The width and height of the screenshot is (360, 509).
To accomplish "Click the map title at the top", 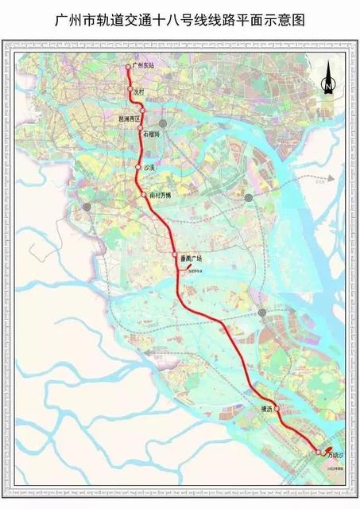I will pyautogui.click(x=180, y=17).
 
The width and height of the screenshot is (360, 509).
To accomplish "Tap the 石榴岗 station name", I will pyautogui.click(x=151, y=134).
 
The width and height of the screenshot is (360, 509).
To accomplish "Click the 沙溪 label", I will pyautogui.click(x=148, y=168).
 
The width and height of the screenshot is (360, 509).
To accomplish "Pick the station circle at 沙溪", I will pyautogui.click(x=137, y=167).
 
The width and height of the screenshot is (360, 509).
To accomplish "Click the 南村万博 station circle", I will pyautogui.click(x=144, y=194).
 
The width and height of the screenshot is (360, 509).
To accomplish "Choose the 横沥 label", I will pyautogui.click(x=265, y=408).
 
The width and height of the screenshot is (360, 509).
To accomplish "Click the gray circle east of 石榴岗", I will pyautogui.click(x=163, y=124).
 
